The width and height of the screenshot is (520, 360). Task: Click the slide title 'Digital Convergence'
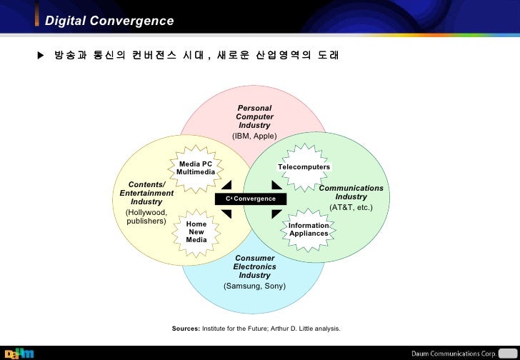pos(109,21)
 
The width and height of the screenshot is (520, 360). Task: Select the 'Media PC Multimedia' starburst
pos(196,169)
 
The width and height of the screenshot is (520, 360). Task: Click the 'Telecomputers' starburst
pos(304,167)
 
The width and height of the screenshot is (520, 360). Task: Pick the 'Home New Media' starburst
pos(196,232)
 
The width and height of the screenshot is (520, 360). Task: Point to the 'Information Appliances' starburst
pos(309,229)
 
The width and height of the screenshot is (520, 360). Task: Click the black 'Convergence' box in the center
pos(251,199)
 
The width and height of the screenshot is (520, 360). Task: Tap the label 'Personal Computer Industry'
pos(254,116)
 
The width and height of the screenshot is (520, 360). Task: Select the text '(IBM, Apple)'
pos(254,136)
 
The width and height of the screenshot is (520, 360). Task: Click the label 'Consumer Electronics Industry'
pos(254,266)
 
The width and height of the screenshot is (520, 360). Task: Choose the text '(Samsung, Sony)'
pos(254,286)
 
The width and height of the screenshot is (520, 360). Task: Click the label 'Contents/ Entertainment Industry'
pos(146,194)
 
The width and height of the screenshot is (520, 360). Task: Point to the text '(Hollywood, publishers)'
pos(146,216)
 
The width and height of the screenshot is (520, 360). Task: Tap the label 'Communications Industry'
pos(351,192)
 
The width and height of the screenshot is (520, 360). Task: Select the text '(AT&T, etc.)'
pos(351,207)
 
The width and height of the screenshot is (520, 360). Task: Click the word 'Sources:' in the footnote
pos(186,329)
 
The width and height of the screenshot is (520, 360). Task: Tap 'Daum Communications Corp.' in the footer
pos(454,352)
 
